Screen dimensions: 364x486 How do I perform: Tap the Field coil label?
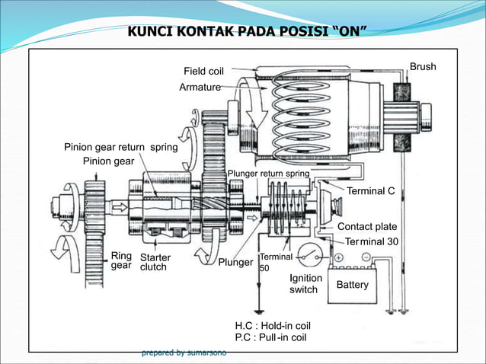click(203, 72)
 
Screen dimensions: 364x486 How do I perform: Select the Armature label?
click(200, 88)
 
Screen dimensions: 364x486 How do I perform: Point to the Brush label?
click(423, 67)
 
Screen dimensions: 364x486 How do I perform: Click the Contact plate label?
click(367, 227)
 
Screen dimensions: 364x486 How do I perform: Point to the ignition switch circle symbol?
click(308, 254)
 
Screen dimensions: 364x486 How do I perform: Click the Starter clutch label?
click(155, 263)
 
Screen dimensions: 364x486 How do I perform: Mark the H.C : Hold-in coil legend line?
click(273, 325)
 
